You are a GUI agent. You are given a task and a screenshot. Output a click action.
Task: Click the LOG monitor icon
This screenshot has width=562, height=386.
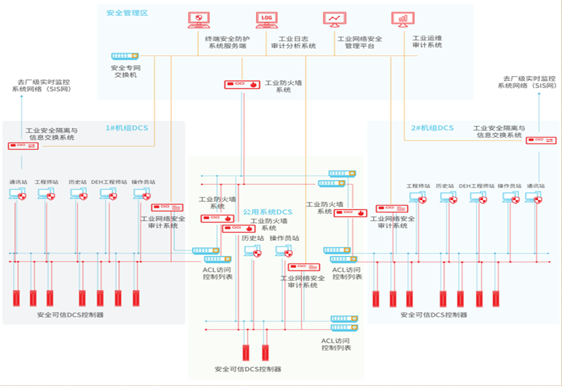[x=266, y=19]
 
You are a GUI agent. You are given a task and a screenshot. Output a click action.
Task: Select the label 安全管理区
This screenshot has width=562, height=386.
[x=127, y=13]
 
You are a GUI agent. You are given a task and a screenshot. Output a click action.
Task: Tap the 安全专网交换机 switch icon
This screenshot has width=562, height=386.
[x=125, y=56]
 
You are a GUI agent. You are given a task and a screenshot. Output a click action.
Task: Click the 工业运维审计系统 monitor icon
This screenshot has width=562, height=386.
[x=403, y=19]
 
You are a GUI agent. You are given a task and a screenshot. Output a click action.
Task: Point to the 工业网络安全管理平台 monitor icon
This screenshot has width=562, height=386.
[x=334, y=19]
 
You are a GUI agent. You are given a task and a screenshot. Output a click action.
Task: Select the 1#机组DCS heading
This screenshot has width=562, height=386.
[x=126, y=128]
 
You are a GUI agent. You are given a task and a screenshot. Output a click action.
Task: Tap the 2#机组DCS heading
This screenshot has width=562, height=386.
[x=432, y=128]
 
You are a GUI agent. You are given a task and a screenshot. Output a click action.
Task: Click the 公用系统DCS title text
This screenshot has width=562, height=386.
[x=268, y=212]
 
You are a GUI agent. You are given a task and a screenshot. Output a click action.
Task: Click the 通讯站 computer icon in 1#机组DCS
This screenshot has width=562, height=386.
[x=17, y=194]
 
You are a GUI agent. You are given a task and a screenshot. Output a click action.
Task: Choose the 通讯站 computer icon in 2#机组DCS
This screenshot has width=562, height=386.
[x=533, y=197]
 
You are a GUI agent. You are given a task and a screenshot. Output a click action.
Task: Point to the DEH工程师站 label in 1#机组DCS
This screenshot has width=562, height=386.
[x=109, y=182]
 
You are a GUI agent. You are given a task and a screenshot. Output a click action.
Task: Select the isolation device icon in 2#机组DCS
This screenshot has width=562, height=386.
[x=540, y=140]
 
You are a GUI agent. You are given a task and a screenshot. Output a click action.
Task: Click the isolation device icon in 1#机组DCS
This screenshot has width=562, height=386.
[x=23, y=146]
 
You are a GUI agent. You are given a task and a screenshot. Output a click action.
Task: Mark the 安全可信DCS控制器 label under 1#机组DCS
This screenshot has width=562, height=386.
[x=70, y=315]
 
